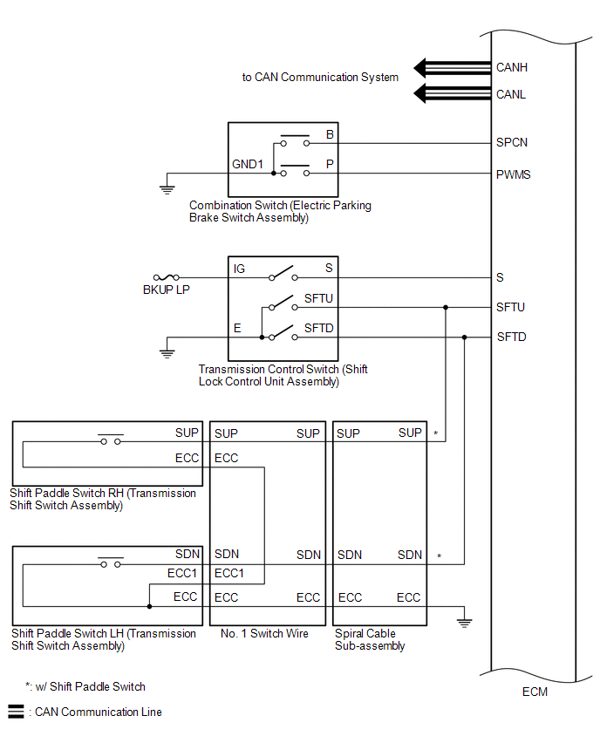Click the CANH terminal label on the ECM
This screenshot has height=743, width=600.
(x=511, y=68)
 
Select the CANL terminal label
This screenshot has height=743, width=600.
(x=511, y=95)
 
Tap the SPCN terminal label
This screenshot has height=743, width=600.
(x=511, y=143)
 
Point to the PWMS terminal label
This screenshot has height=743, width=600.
(x=514, y=175)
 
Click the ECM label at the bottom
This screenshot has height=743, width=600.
(x=535, y=692)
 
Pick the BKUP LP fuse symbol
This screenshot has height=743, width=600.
(x=167, y=277)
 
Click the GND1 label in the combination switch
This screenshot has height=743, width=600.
(x=248, y=165)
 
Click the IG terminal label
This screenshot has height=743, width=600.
(x=239, y=269)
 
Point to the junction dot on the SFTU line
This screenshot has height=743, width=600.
(x=446, y=308)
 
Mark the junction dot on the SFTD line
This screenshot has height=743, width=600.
(x=465, y=337)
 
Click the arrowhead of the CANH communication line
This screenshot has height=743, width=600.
(x=419, y=68)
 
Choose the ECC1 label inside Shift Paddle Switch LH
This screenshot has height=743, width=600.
(x=182, y=573)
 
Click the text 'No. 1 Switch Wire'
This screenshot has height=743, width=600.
(x=264, y=633)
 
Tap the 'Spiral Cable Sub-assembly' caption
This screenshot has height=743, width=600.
(x=370, y=640)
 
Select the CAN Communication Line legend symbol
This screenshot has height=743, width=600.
(x=16, y=712)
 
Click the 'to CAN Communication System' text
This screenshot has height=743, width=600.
(x=320, y=78)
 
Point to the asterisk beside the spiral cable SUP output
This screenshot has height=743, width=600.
(x=435, y=433)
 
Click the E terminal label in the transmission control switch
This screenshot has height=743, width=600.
(x=237, y=329)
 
